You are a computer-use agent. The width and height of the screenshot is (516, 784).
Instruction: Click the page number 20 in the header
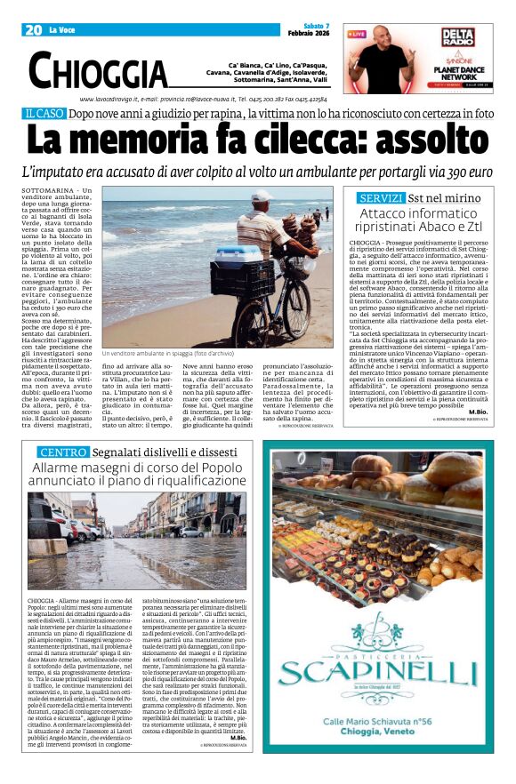[34, 30]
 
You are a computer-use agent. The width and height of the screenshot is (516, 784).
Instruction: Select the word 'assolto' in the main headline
[421, 140]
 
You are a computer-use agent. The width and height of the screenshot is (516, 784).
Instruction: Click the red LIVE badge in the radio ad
[357, 34]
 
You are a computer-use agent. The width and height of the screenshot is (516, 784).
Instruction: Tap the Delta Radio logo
[457, 37]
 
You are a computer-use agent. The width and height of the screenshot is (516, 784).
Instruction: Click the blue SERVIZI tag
[381, 197]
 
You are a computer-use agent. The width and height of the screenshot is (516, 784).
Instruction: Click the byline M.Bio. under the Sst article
[476, 412]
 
